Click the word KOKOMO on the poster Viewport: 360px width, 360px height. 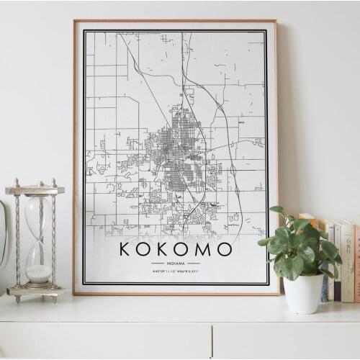176,249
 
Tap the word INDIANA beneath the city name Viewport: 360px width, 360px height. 176,264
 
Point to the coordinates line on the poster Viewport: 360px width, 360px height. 176,271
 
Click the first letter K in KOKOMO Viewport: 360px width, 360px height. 126,249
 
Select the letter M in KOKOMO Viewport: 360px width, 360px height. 205,249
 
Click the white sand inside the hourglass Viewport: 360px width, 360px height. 39,273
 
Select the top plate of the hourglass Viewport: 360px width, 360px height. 35,190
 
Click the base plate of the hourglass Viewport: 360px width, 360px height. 35,292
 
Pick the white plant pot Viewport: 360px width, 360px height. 303,292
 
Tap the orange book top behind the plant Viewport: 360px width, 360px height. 307,217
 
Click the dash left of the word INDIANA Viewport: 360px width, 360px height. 158,264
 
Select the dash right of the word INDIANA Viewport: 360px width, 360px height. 193,264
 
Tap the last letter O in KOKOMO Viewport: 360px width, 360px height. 225,249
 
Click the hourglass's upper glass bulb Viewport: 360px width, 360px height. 38,213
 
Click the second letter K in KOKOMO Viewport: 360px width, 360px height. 165,249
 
